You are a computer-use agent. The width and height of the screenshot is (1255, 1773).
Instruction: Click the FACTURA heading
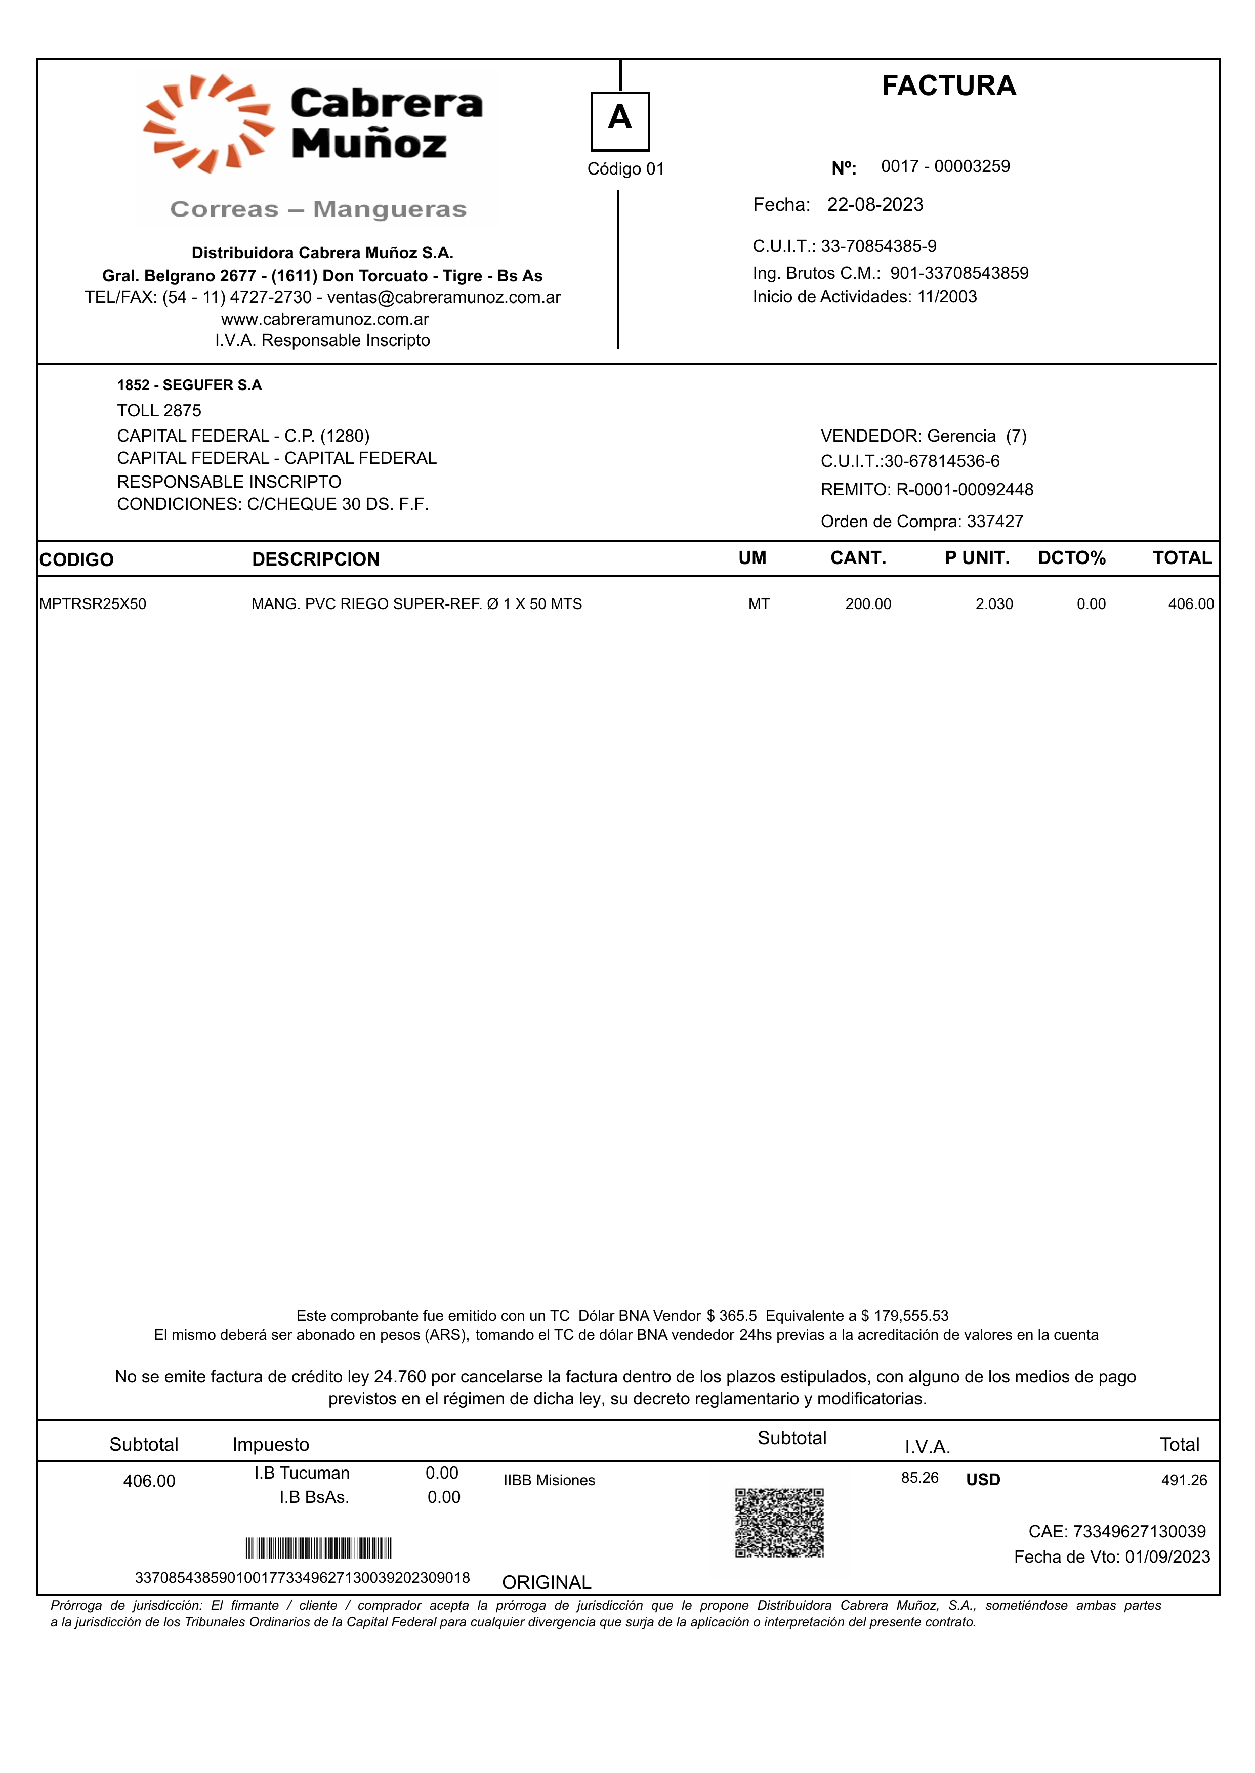click(x=948, y=86)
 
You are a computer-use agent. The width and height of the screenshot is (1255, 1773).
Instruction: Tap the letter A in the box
click(x=620, y=118)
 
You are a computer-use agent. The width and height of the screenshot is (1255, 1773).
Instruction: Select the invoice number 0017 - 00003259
click(x=945, y=167)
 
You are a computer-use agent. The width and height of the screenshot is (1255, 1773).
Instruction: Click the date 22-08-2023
click(x=875, y=205)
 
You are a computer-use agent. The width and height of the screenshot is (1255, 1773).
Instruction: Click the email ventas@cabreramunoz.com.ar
click(x=444, y=297)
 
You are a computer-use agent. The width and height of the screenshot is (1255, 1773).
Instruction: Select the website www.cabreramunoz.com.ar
click(x=324, y=319)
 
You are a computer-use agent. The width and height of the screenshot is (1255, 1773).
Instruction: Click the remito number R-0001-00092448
click(x=965, y=490)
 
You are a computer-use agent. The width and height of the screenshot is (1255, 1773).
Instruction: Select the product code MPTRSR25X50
click(x=93, y=604)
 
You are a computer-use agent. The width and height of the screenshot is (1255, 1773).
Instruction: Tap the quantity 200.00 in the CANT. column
click(x=868, y=604)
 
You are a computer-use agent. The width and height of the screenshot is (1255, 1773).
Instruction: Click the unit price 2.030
click(x=994, y=604)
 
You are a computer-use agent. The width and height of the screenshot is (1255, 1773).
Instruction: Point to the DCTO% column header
click(x=1071, y=558)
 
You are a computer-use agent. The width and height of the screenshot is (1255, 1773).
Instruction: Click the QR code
click(x=779, y=1523)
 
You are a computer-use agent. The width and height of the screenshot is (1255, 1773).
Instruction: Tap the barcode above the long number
click(x=318, y=1548)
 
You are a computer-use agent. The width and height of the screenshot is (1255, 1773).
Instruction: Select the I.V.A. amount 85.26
click(x=919, y=1478)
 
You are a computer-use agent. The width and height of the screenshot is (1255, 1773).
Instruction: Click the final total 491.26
click(x=1184, y=1480)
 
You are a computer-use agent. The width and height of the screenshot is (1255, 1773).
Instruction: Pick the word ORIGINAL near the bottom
click(x=547, y=1582)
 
